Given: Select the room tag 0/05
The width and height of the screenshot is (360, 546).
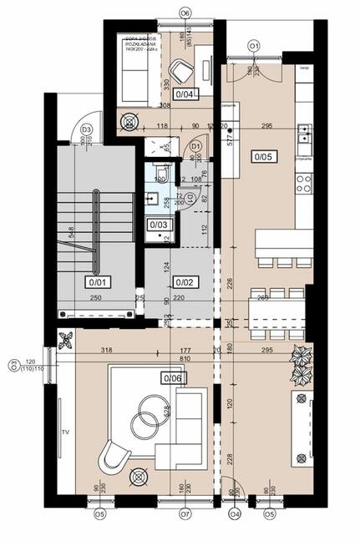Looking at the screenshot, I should (x=256, y=154).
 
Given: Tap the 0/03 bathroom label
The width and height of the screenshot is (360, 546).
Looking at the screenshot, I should (x=158, y=225).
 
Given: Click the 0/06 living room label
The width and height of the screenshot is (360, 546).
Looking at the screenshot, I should (x=173, y=378).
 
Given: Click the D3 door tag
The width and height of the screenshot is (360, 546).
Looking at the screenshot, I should (x=85, y=129).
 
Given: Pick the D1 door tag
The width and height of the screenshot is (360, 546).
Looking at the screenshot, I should (x=196, y=146).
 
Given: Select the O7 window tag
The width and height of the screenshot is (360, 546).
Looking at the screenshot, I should (x=185, y=514).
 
